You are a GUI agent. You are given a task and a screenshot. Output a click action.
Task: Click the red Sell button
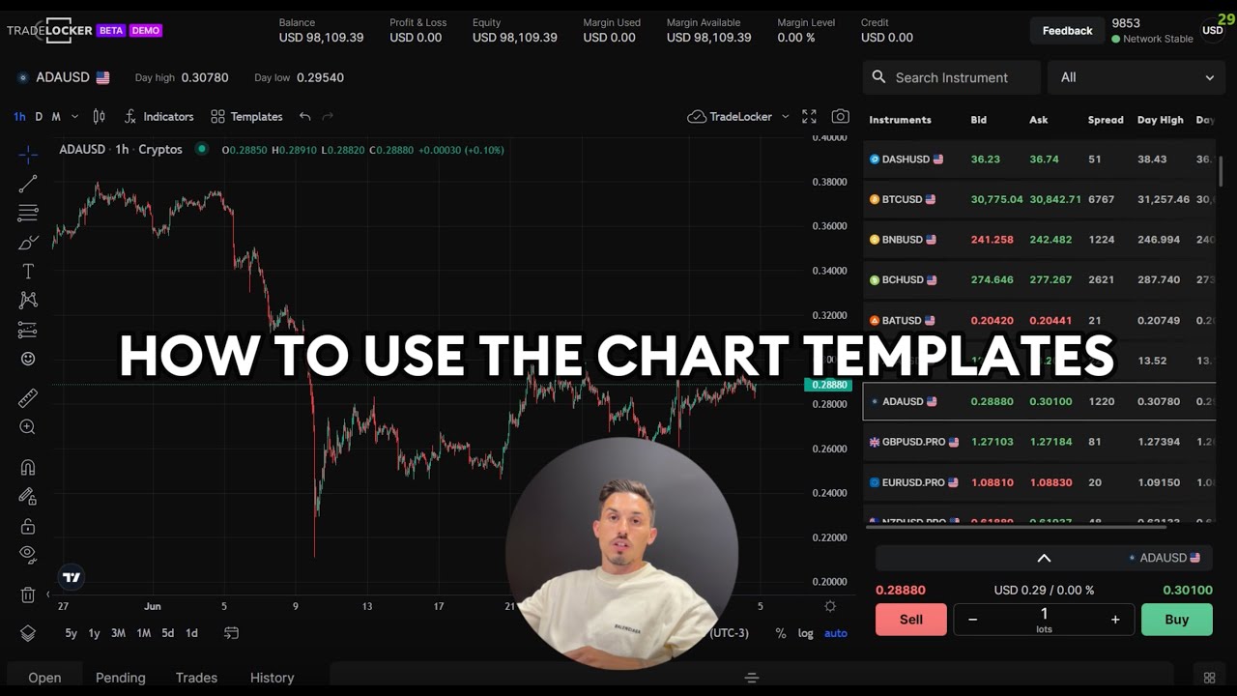(x=910, y=620)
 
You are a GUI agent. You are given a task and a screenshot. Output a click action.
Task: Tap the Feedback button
(x=1067, y=31)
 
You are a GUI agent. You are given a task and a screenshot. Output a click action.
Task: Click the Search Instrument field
(x=951, y=77)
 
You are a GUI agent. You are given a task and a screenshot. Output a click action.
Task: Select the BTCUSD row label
(x=902, y=199)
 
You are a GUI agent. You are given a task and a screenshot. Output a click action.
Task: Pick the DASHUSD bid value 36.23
(x=985, y=159)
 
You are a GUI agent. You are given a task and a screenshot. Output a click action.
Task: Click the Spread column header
(x=1106, y=120)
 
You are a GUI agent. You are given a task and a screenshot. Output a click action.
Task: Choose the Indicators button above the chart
(x=159, y=117)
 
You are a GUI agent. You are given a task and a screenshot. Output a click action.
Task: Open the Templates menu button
(x=246, y=117)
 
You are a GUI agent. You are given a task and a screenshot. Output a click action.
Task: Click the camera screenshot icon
(x=841, y=117)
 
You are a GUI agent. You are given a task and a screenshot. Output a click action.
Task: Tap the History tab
(x=272, y=678)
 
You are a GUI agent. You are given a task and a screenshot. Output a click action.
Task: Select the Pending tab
(x=121, y=678)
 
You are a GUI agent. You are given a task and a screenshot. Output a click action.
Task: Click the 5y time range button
(x=71, y=633)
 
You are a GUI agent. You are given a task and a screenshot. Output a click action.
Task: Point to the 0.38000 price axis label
(x=828, y=182)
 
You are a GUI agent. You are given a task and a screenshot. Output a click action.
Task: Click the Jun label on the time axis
(x=153, y=606)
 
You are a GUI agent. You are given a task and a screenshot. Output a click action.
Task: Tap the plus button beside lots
(x=1115, y=620)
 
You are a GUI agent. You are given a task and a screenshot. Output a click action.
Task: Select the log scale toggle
(x=805, y=633)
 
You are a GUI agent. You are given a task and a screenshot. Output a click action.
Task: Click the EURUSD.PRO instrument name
(x=913, y=482)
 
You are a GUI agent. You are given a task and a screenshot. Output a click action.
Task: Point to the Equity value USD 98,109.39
(x=514, y=38)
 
